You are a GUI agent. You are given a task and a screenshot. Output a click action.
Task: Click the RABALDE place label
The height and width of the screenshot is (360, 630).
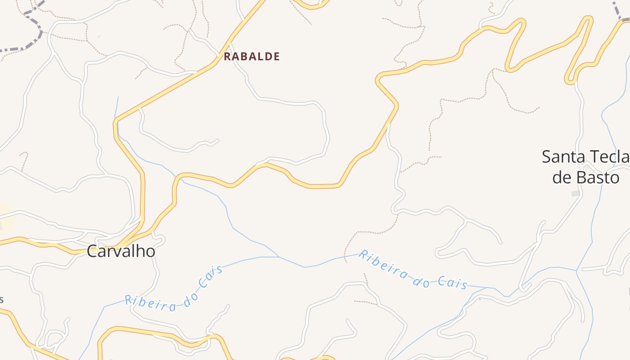[x=252, y=57]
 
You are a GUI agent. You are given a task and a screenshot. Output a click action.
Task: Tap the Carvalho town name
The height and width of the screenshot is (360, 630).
[x=121, y=251]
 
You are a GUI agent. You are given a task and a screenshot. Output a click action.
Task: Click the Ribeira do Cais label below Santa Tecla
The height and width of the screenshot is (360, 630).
[x=413, y=270]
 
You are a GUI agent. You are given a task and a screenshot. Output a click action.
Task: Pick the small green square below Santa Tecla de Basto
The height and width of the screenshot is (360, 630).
[x=575, y=193]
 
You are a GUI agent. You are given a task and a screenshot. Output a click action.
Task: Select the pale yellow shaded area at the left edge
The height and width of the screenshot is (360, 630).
[x=6, y=216]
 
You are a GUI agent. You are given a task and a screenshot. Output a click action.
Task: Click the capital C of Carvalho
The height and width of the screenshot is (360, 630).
[x=92, y=251]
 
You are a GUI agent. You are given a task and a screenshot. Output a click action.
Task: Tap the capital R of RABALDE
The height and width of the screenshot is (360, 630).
[x=227, y=57]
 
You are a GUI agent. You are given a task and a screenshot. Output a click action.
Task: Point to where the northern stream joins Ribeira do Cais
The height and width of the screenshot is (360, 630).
[x=279, y=257]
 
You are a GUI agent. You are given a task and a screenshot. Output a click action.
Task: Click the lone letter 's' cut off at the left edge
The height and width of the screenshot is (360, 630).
[x=2, y=300]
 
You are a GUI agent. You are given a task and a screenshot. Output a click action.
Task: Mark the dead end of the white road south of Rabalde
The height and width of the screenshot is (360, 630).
[x=218, y=140]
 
